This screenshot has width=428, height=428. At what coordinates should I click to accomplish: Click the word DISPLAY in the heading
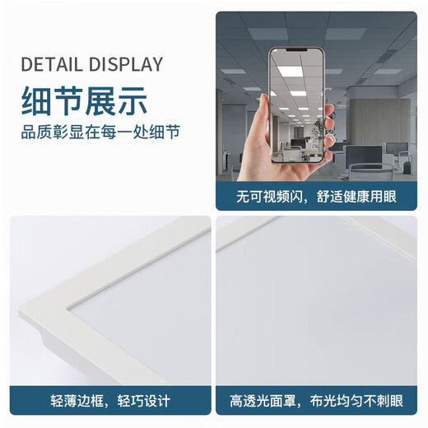pyautogui.click(x=123, y=65)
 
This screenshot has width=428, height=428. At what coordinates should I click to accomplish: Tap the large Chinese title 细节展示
pyautogui.click(x=85, y=101)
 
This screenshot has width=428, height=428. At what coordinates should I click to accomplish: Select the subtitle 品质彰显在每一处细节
pyautogui.click(x=101, y=132)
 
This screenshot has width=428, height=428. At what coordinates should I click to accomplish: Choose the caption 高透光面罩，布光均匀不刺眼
pyautogui.click(x=317, y=401)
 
